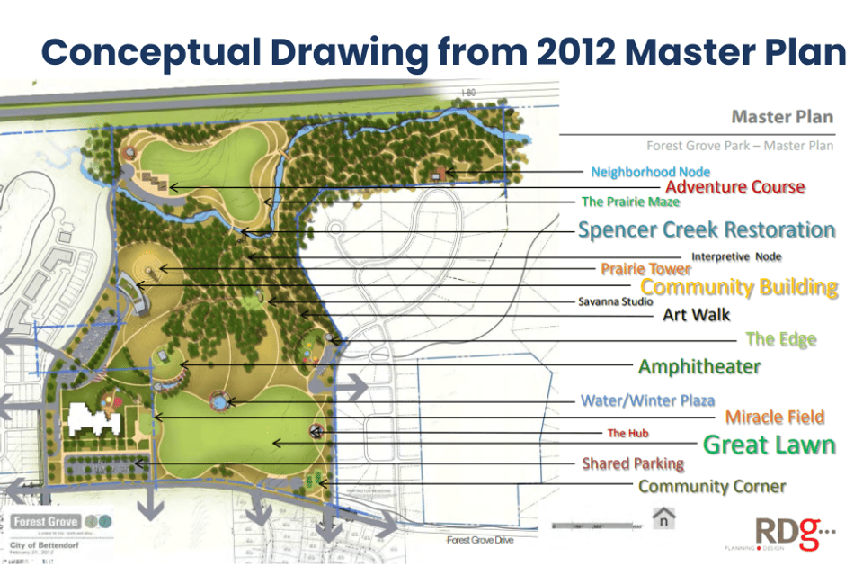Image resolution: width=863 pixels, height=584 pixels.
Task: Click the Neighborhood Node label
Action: pyautogui.click(x=650, y=172)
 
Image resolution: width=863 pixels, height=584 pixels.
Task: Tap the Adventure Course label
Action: pyautogui.click(x=735, y=187)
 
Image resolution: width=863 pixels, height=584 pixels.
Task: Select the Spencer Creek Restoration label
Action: pyautogui.click(x=707, y=229)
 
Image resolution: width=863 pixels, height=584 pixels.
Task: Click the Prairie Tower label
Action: pyautogui.click(x=645, y=269)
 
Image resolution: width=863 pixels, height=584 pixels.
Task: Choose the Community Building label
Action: pyautogui.click(x=739, y=288)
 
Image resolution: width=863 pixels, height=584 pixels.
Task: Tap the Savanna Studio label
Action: pyautogui.click(x=616, y=302)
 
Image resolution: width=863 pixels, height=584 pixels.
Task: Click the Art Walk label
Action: pyautogui.click(x=696, y=315)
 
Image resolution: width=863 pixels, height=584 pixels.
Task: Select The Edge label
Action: pyautogui.click(x=780, y=339)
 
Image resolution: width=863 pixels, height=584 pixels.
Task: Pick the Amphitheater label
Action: pyautogui.click(x=699, y=366)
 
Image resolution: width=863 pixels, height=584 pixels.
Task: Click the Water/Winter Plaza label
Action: pyautogui.click(x=647, y=400)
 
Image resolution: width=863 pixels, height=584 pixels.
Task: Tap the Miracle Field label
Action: pyautogui.click(x=774, y=418)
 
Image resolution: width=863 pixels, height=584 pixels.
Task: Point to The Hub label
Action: pyautogui.click(x=627, y=434)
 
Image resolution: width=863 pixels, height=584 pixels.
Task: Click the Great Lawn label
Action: pyautogui.click(x=769, y=445)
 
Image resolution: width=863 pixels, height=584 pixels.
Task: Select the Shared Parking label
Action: pyautogui.click(x=633, y=464)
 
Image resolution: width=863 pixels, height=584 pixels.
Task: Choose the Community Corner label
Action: pyautogui.click(x=712, y=487)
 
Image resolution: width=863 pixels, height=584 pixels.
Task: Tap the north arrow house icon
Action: pyautogui.click(x=663, y=517)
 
